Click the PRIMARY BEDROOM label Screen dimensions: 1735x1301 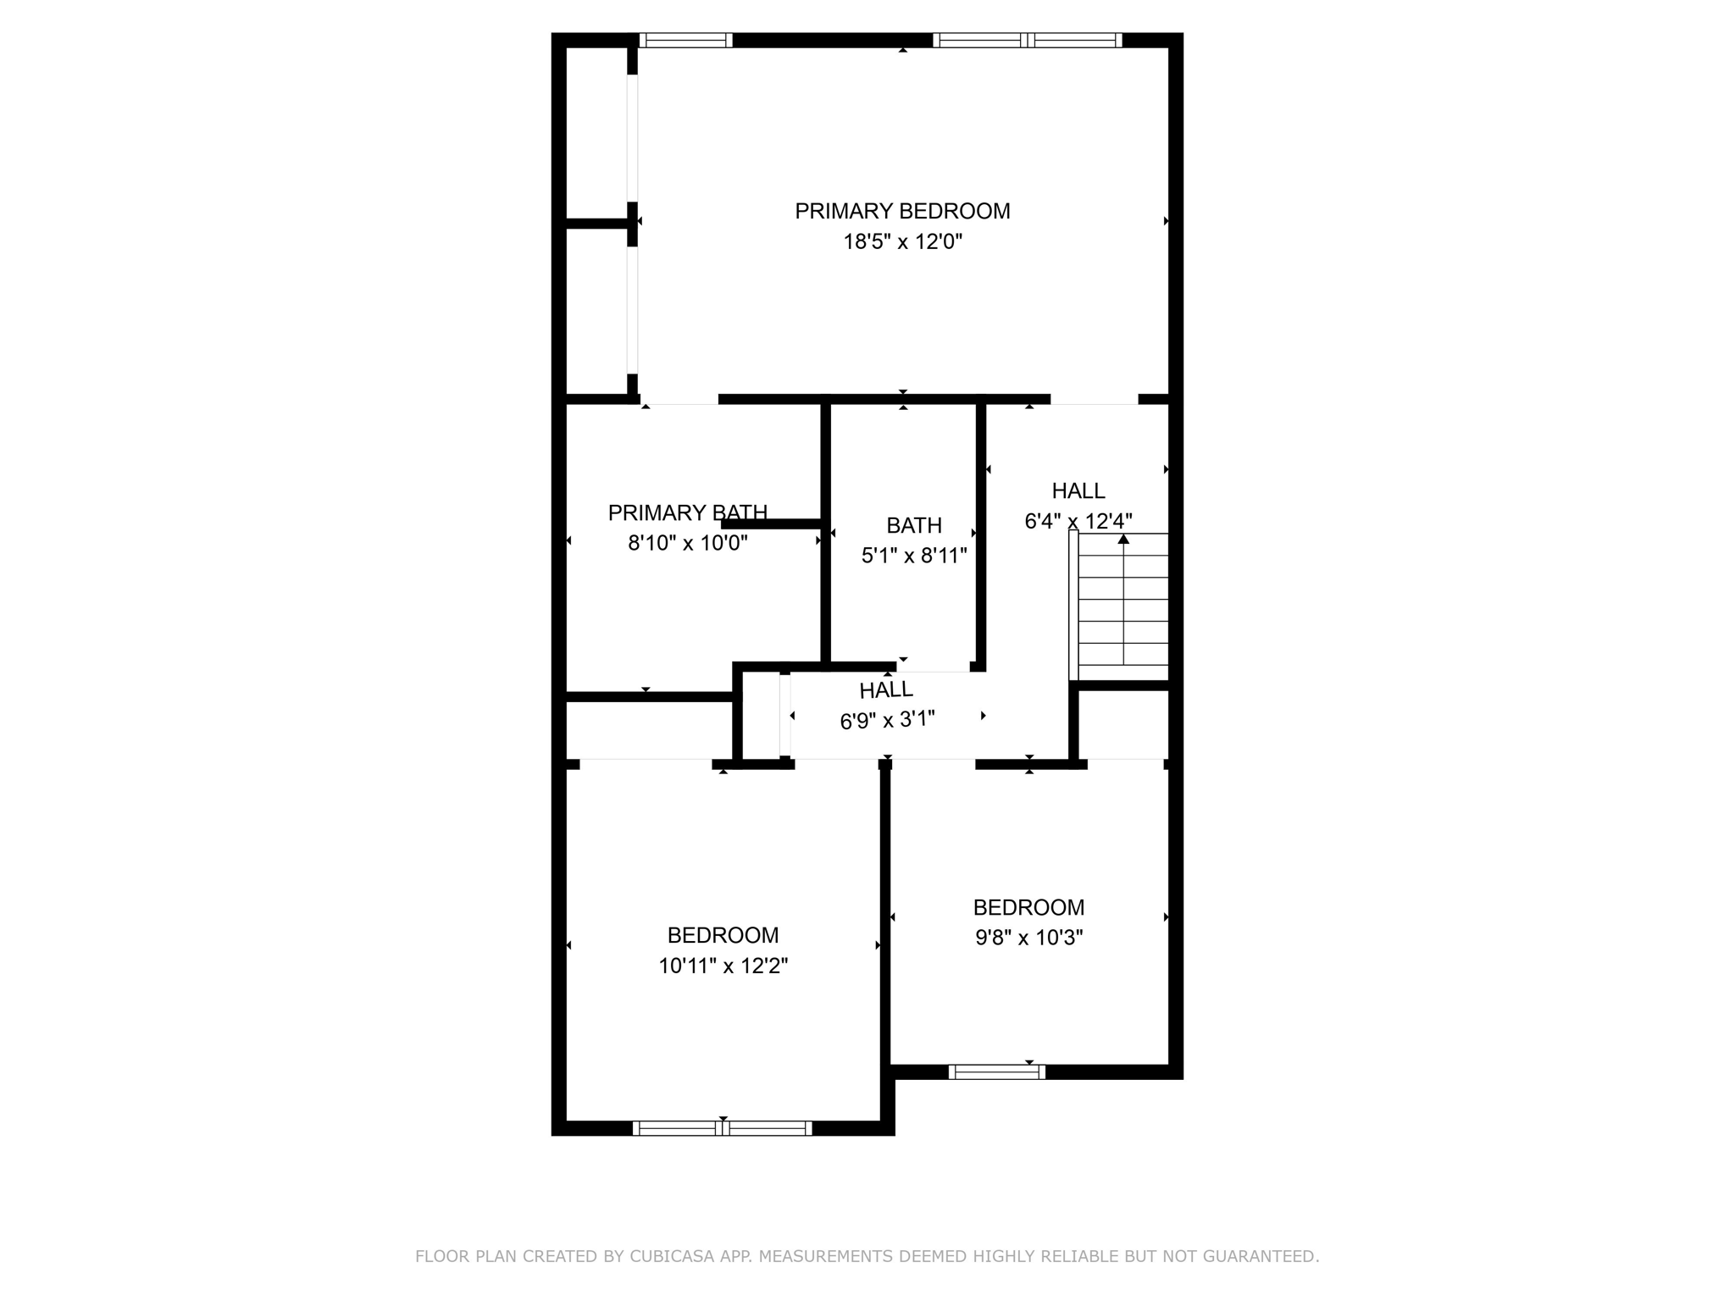point(902,211)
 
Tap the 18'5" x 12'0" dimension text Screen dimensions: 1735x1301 point(902,242)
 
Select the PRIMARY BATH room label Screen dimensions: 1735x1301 point(687,512)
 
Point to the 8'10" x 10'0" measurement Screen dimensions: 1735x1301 point(687,543)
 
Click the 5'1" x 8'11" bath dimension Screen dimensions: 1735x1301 point(914,556)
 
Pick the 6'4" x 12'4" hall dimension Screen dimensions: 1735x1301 point(1078,521)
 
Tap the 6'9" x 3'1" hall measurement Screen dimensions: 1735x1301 point(887,720)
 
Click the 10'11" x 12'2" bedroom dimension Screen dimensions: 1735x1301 point(723,966)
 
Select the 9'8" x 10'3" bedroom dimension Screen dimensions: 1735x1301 point(1028,938)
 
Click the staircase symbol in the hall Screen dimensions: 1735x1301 point(1118,606)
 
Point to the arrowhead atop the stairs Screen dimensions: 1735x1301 point(1123,539)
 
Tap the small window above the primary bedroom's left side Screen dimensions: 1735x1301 point(685,40)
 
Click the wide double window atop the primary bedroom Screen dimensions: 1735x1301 point(1027,40)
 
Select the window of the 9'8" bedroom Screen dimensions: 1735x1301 point(996,1071)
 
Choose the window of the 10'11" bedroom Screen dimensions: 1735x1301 point(722,1127)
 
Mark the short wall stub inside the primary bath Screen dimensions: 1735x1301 point(771,524)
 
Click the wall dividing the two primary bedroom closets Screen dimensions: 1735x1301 point(597,224)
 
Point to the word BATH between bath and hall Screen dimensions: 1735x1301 point(914,526)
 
